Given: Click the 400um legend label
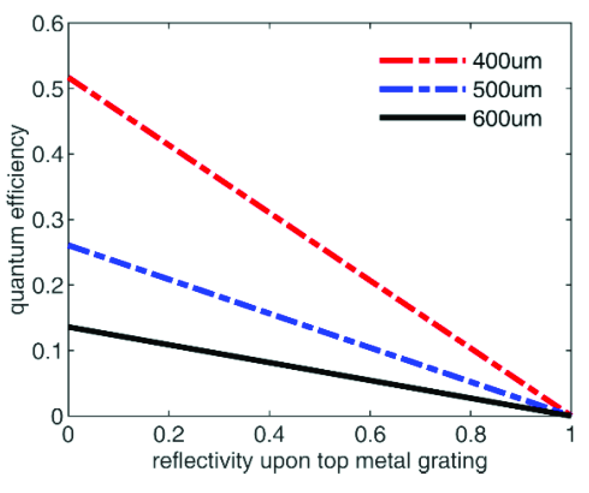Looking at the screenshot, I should (507, 61).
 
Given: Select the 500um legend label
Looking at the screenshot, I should (507, 90).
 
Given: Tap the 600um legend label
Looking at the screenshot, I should (507, 119).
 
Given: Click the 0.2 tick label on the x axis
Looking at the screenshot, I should (169, 435).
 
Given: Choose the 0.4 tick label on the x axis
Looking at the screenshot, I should (269, 435).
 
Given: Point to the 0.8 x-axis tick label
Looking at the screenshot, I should (470, 435).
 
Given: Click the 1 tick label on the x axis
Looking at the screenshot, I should (570, 435).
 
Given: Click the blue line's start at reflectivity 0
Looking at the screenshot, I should (70, 246).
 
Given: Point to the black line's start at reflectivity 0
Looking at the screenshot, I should (70, 327).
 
